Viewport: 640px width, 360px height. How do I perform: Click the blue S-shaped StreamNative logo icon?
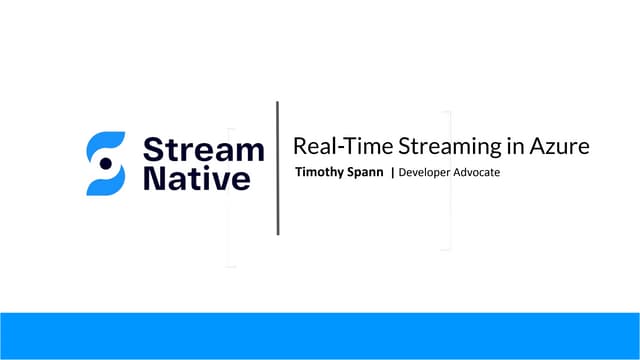point(106,163)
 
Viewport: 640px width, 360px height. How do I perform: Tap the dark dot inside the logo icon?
point(105,164)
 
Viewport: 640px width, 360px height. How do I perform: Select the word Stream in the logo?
point(204,150)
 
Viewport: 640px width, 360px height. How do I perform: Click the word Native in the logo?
point(197,179)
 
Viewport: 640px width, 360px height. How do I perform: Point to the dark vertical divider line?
point(277,168)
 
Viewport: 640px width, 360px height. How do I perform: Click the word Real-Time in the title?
point(333,146)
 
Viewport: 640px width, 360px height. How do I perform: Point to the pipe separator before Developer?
point(392,173)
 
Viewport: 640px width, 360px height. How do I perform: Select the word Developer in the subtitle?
point(426,173)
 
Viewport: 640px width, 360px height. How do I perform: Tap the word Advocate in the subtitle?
point(479,173)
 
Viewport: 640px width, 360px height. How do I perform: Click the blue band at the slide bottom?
point(320,335)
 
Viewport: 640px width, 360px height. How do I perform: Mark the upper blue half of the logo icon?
point(108,144)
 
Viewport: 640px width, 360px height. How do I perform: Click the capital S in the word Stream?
point(152,150)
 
